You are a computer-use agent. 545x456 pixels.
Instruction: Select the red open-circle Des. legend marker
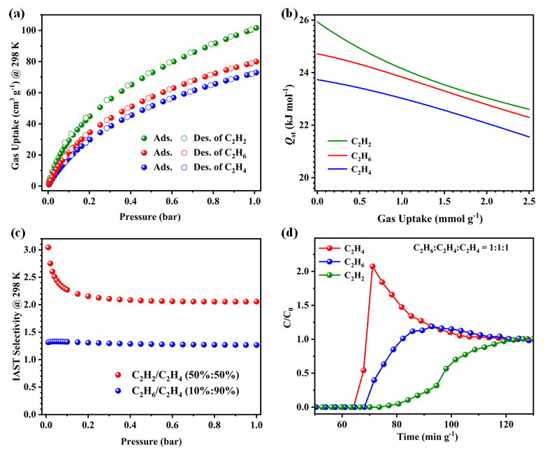[186, 152]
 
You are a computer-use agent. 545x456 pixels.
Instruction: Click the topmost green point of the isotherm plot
[256, 28]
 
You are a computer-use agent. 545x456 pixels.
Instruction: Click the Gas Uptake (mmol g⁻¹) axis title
[423, 219]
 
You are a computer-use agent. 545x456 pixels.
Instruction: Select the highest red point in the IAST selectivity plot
[48, 247]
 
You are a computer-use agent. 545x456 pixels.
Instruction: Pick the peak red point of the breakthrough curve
[372, 267]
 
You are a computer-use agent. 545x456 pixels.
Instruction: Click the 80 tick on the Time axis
[396, 423]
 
